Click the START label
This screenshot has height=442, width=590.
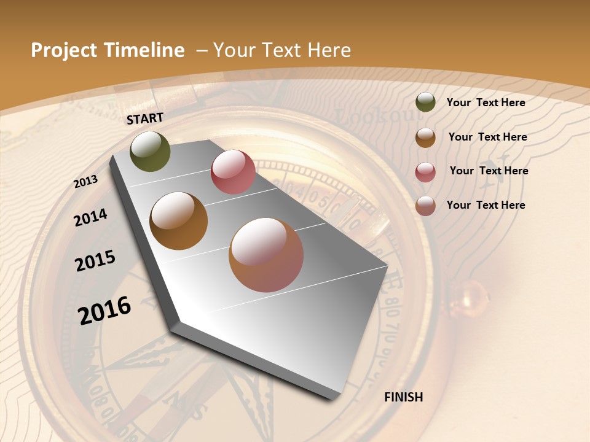tap(145, 118)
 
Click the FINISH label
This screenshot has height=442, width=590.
tap(403, 397)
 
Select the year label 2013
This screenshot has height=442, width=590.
tap(85, 182)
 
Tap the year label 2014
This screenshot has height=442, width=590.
tap(90, 217)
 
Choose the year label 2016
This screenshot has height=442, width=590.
tap(104, 310)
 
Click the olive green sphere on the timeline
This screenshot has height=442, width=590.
tap(150, 151)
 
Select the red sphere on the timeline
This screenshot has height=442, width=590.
tap(233, 172)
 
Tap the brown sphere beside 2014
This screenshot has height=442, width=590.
tap(178, 220)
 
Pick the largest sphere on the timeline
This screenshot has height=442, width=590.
tap(266, 255)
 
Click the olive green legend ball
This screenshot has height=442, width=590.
tap(425, 103)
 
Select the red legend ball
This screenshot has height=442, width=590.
tap(425, 172)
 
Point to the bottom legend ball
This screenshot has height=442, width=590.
tap(425, 206)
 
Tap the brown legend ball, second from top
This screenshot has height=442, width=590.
tap(425, 138)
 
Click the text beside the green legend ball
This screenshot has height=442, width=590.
tap(486, 103)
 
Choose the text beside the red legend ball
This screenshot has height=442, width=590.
tap(489, 171)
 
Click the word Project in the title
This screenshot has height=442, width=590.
tap(64, 50)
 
